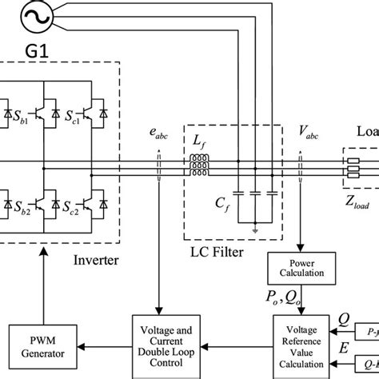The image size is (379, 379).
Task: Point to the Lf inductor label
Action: click(199, 141)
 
